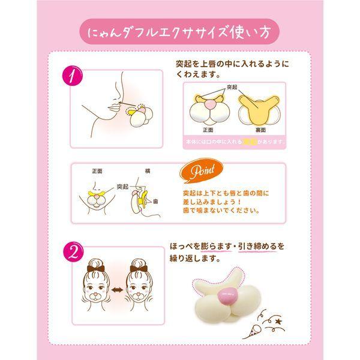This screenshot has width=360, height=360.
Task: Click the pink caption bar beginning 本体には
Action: [x=233, y=142]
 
